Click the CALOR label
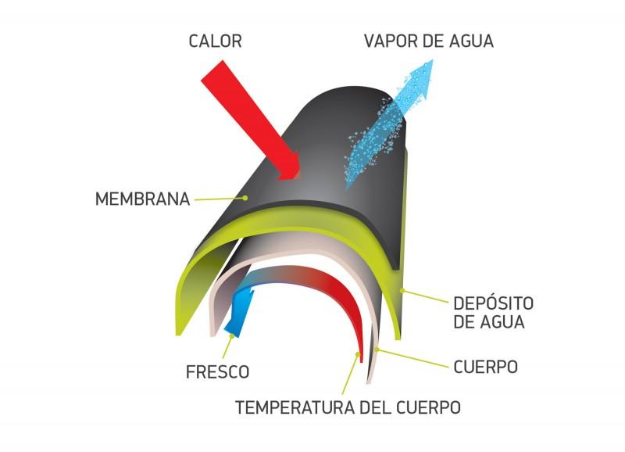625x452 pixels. (x=216, y=41)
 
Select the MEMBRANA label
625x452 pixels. (x=142, y=199)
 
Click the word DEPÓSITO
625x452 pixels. (x=494, y=303)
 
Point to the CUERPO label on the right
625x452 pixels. (x=485, y=367)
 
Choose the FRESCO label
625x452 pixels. (x=218, y=371)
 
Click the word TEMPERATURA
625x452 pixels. (x=295, y=407)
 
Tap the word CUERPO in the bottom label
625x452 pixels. (x=429, y=407)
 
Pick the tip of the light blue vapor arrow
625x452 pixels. (x=432, y=60)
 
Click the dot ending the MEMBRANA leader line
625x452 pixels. (x=245, y=198)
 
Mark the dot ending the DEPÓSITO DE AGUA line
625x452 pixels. (x=402, y=290)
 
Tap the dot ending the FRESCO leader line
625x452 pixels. (x=231, y=336)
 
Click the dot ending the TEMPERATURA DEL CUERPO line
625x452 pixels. (x=358, y=353)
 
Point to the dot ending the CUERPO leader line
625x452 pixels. (x=377, y=350)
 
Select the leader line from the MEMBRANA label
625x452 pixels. (x=219, y=199)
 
